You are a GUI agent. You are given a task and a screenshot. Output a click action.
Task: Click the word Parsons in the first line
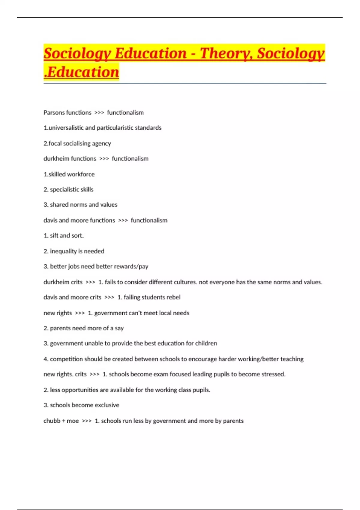[53, 112]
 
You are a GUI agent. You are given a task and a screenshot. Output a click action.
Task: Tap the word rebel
[173, 297]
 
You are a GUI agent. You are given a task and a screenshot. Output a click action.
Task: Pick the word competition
[66, 359]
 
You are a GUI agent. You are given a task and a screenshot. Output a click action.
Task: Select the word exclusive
[107, 405]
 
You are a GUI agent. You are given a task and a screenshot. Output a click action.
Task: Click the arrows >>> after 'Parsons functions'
[99, 113]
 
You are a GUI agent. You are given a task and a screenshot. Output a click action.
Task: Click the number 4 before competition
[45, 359]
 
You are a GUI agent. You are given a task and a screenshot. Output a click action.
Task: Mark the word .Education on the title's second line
[82, 72]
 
